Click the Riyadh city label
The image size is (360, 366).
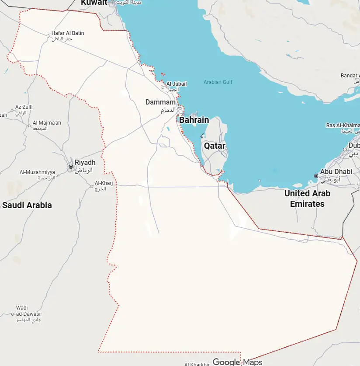(85, 162)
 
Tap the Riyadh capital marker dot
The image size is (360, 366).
(70, 167)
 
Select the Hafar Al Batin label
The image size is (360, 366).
(68, 33)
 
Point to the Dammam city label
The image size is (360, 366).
(160, 102)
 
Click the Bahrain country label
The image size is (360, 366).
(194, 120)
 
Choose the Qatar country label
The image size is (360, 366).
(215, 146)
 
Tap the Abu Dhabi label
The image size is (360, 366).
(336, 172)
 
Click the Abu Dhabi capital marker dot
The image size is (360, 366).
(316, 176)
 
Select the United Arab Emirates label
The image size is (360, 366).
(307, 199)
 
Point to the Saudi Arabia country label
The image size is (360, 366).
(27, 205)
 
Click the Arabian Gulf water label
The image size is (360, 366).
(218, 82)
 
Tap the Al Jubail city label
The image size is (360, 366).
(177, 84)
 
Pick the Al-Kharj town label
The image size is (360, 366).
(104, 183)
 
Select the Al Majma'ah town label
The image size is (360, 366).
(47, 123)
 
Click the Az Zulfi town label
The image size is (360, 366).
(24, 107)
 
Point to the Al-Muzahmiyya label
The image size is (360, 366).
(37, 172)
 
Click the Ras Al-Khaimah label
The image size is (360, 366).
(343, 125)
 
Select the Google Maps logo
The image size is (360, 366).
(237, 362)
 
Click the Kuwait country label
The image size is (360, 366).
(94, 2)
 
